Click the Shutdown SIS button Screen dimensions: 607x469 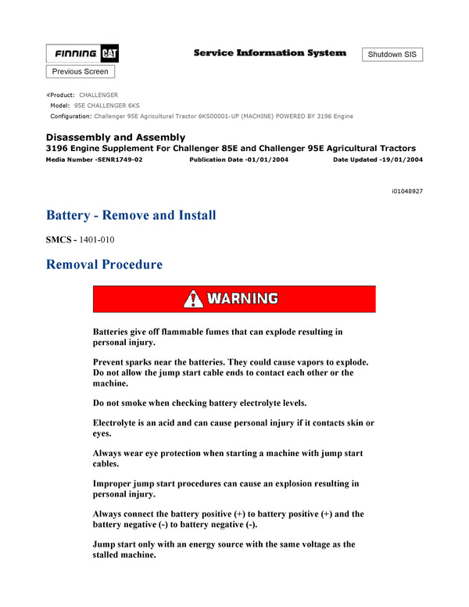click(x=392, y=55)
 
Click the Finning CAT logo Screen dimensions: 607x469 click(x=82, y=54)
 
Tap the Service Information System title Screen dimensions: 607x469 click(x=270, y=53)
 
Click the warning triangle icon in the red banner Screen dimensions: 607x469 click(x=193, y=299)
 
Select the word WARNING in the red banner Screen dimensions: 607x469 click(x=243, y=299)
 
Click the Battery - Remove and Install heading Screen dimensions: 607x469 click(x=131, y=215)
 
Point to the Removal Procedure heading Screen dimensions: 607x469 click(x=105, y=264)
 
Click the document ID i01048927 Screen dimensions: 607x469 click(x=407, y=191)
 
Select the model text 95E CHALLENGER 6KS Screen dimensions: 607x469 click(x=107, y=106)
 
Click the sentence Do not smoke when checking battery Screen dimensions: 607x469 click(x=199, y=403)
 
